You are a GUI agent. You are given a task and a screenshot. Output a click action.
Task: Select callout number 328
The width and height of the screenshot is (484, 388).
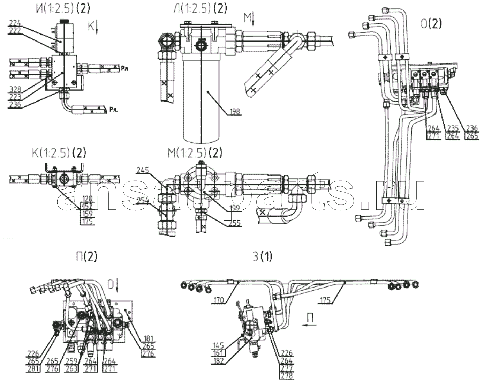(15, 89)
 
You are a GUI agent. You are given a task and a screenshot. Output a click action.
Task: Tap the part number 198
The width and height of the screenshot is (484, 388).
(235, 112)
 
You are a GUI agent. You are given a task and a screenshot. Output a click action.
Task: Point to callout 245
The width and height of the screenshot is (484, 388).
(143, 170)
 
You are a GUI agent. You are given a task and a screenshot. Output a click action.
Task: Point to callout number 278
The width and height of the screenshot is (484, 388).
(287, 375)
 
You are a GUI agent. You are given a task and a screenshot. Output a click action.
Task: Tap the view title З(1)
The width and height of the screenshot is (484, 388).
(262, 257)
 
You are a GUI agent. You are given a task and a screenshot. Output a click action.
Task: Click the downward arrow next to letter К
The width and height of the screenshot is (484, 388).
(98, 27)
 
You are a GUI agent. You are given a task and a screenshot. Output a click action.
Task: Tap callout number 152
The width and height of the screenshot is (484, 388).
(88, 206)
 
